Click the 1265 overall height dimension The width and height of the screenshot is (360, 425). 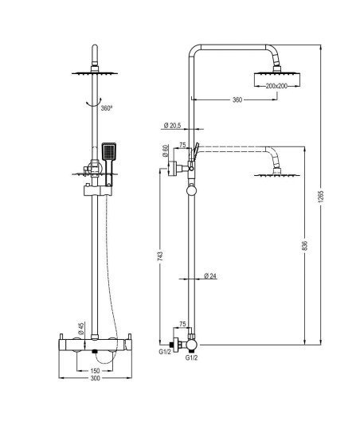pyautogui.click(x=321, y=197)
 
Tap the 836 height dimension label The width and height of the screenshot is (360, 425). pyautogui.click(x=305, y=245)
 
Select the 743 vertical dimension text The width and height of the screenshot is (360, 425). pyautogui.click(x=160, y=256)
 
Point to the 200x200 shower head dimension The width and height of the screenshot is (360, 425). pyautogui.click(x=276, y=86)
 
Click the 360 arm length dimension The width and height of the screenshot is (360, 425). pyautogui.click(x=237, y=99)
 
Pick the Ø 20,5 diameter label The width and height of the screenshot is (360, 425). pyautogui.click(x=173, y=125)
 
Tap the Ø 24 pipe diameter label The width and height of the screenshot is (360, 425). pyautogui.click(x=210, y=276)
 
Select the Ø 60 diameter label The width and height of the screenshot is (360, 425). pyautogui.click(x=165, y=151)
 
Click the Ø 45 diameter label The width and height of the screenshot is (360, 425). pyautogui.click(x=80, y=329)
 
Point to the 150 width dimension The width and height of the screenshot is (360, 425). pyautogui.click(x=95, y=371)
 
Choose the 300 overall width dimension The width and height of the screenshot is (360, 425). pyautogui.click(x=95, y=378)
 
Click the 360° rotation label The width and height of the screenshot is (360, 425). pyautogui.click(x=107, y=108)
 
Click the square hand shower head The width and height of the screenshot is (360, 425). pyautogui.click(x=109, y=151)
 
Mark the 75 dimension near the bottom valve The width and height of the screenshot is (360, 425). pyautogui.click(x=182, y=324)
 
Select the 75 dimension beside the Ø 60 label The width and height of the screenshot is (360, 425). pyautogui.click(x=182, y=145)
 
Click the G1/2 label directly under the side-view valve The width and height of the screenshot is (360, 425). pyautogui.click(x=191, y=358)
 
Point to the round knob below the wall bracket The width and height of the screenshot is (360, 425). pyautogui.click(x=191, y=190)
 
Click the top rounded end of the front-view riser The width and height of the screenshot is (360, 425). pyautogui.click(x=95, y=48)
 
